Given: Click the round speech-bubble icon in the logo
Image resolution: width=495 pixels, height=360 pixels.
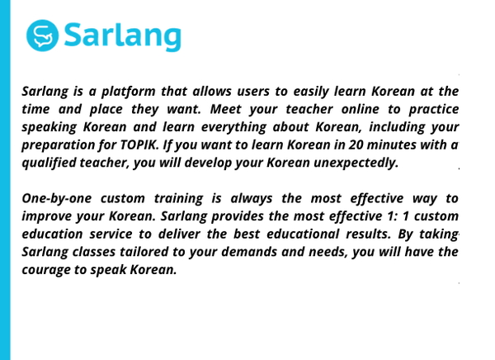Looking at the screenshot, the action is (x=42, y=36).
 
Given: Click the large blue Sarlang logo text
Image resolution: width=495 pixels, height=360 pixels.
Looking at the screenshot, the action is (x=123, y=36).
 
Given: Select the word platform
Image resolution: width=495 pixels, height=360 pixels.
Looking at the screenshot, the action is (x=128, y=92).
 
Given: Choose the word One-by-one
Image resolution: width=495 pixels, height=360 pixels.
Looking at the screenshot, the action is (x=57, y=199).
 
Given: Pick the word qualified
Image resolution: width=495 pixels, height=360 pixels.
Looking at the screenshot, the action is (x=49, y=163).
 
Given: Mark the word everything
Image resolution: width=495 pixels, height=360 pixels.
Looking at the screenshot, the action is (x=234, y=127).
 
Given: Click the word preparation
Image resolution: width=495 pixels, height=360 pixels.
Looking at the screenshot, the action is (x=58, y=145).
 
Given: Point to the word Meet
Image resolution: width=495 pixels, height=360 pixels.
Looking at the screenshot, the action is (x=226, y=109).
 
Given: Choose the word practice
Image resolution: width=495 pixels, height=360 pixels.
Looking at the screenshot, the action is (x=434, y=110).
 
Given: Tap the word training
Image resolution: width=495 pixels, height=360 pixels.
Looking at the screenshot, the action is (x=178, y=199).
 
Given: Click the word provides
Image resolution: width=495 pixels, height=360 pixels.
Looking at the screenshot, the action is (x=238, y=217).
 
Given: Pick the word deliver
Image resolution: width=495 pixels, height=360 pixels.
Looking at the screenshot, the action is (x=179, y=234).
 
